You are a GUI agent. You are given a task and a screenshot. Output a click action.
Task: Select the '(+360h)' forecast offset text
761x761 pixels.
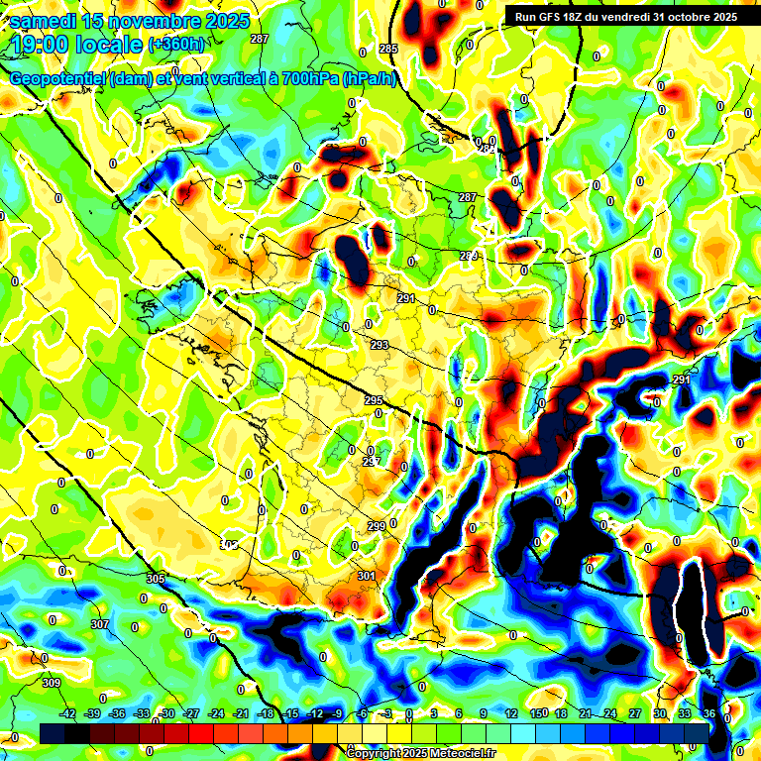coord(176,44)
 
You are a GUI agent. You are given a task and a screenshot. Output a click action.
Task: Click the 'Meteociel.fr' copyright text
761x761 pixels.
coord(457,753)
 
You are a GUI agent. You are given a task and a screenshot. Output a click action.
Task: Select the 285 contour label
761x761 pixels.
coord(387,49)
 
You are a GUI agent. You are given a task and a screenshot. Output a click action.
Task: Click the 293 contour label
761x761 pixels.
coord(380,345)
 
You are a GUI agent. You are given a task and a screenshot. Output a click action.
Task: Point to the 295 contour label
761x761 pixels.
coord(374,400)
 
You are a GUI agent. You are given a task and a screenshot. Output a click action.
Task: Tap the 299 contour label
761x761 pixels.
coord(377,525)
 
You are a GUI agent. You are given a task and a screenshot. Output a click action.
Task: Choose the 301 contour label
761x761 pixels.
coord(367,575)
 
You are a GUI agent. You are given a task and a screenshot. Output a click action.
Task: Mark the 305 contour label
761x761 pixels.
coord(155,579)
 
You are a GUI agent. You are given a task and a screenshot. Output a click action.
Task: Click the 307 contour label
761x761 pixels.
coord(100,624)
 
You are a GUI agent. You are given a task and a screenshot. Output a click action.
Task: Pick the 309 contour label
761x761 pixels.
coord(52,684)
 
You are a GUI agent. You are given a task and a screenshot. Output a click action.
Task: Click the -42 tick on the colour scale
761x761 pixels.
coord(68,713)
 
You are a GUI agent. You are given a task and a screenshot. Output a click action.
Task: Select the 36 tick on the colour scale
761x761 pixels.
coord(709,713)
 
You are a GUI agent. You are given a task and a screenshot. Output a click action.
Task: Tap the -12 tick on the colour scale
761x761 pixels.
coord(315,713)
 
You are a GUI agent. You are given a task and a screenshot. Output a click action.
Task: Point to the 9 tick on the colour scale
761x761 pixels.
coord(484,713)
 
